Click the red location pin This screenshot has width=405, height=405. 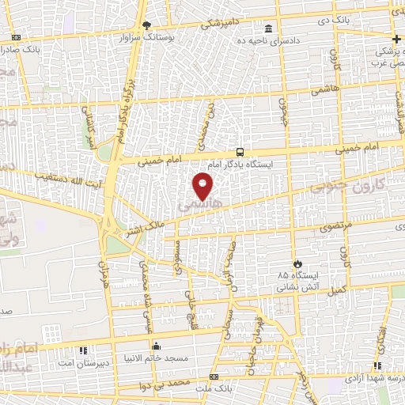(x=203, y=187)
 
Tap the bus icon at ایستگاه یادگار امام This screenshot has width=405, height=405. (x=240, y=153)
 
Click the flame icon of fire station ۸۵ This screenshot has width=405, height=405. (x=297, y=264)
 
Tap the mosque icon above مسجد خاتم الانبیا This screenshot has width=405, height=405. (x=156, y=346)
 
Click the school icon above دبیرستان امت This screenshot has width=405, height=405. (x=82, y=349)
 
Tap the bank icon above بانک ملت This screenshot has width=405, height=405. (x=214, y=376)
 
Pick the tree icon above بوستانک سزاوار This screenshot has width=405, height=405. (x=145, y=25)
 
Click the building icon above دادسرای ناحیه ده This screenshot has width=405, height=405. (x=268, y=29)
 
